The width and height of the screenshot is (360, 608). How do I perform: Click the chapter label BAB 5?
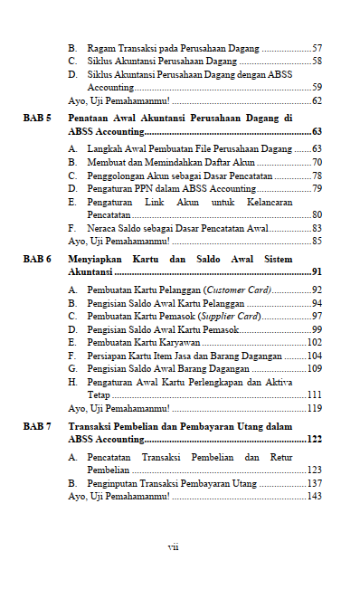click(37, 119)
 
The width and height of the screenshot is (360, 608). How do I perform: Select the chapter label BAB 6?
click(37, 260)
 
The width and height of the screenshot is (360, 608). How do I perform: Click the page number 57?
click(317, 47)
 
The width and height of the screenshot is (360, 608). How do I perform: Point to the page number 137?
click(314, 484)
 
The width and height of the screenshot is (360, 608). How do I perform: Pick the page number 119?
click(314, 408)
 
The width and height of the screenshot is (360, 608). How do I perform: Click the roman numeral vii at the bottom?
click(173, 546)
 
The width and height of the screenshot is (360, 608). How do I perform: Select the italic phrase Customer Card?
click(238, 290)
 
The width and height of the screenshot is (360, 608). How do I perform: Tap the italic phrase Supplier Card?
click(230, 317)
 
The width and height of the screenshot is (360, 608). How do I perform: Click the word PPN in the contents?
click(147, 189)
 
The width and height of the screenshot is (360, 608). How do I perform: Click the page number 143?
click(314, 496)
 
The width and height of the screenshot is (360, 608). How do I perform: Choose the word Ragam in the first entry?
click(99, 47)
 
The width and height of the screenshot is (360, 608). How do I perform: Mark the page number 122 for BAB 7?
click(314, 439)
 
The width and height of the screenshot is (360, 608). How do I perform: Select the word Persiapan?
click(107, 356)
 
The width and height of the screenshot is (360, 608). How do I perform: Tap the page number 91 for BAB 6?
click(317, 271)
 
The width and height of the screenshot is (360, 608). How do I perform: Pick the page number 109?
click(314, 369)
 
